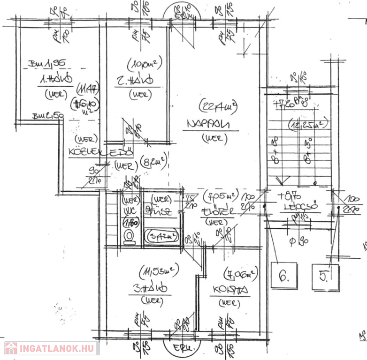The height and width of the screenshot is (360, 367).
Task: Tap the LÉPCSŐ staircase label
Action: [x=300, y=206]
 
